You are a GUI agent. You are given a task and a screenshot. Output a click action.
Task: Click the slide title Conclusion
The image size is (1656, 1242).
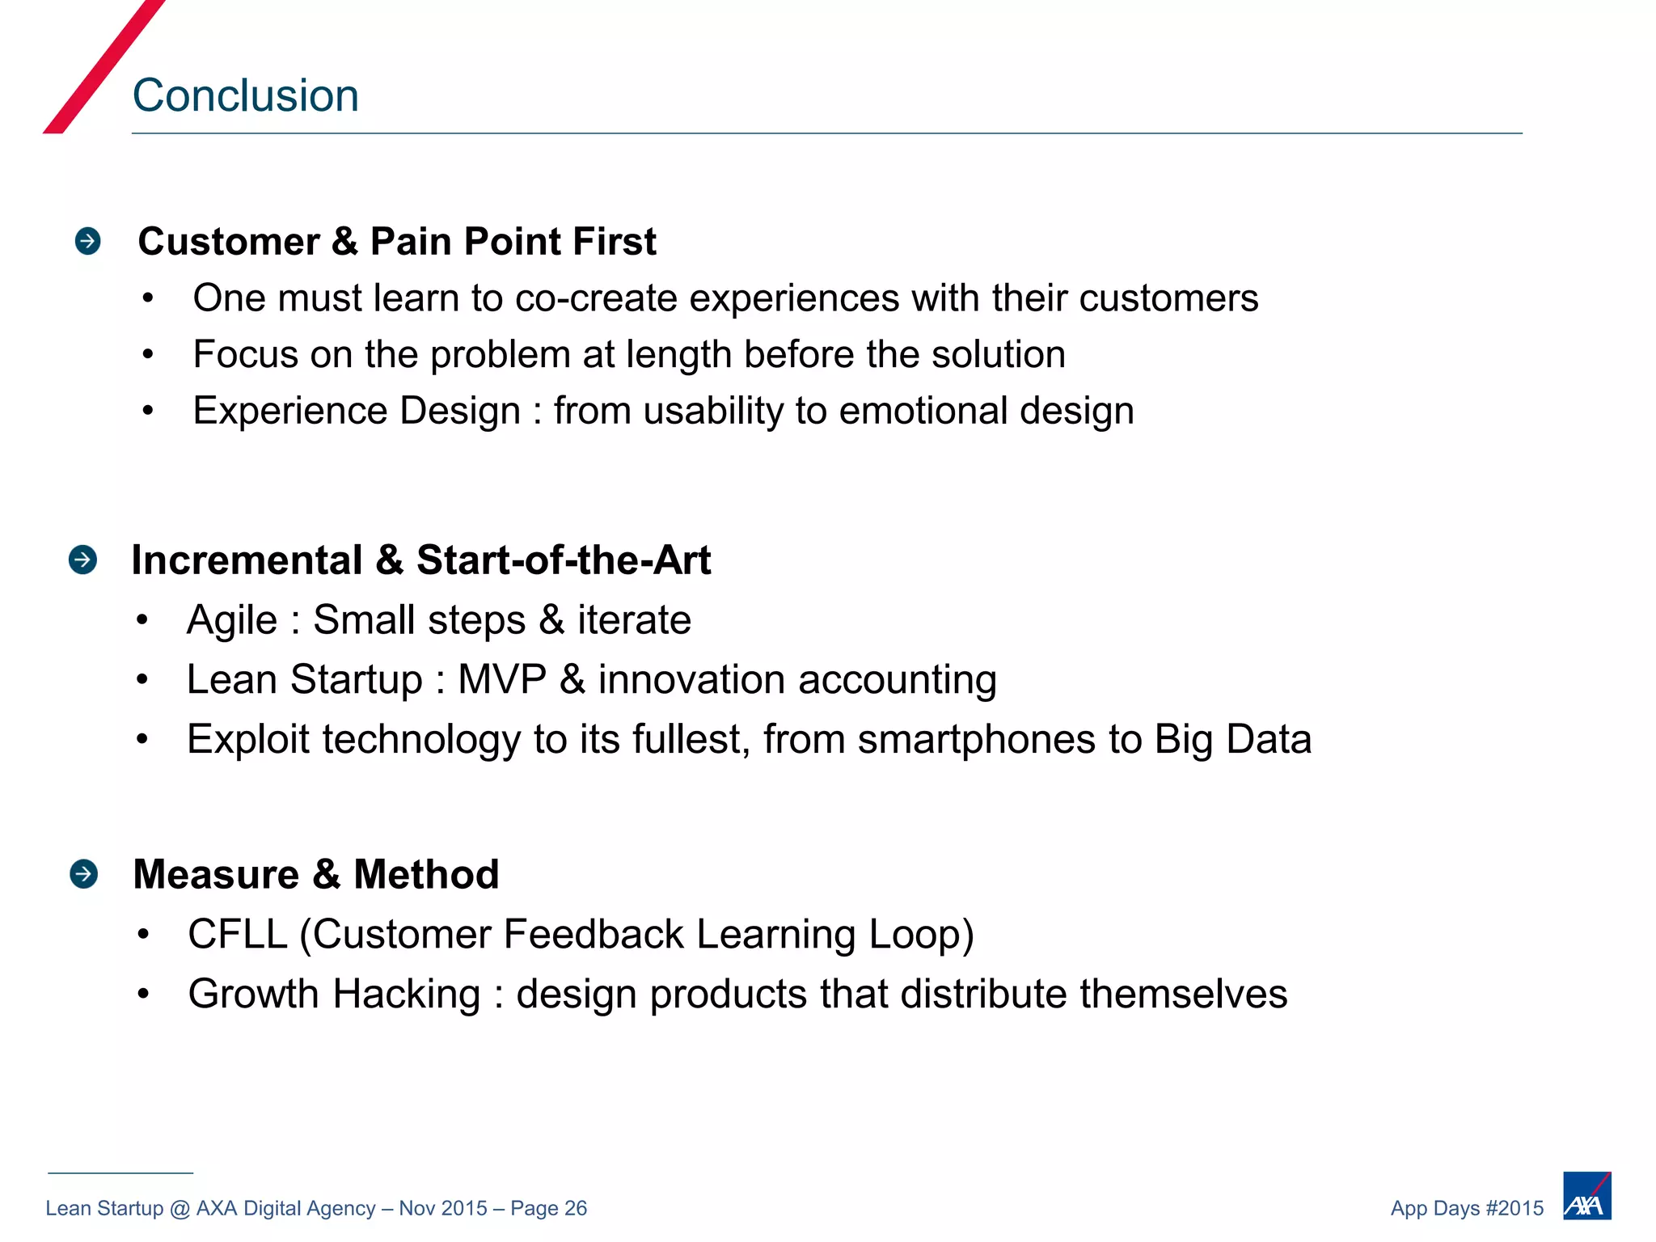(x=245, y=95)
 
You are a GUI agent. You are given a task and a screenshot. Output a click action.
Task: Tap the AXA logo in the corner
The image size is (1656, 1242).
(x=1586, y=1196)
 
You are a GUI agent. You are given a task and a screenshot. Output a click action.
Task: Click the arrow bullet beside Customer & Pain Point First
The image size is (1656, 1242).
(x=87, y=241)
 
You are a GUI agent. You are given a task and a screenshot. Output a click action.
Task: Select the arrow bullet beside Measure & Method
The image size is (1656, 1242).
(x=84, y=874)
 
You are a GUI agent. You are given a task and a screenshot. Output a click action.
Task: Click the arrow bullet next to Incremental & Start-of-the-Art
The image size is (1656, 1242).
(x=83, y=560)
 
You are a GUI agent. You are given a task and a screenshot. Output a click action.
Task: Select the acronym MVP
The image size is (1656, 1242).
(x=501, y=679)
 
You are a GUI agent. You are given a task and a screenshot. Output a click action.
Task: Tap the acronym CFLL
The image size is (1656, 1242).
(x=238, y=935)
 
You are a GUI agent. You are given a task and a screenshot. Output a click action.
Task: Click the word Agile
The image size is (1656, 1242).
(x=231, y=620)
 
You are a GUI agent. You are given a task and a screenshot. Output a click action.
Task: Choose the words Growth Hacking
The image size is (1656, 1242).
(x=334, y=994)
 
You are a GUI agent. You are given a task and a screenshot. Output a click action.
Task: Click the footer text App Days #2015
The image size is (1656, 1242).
(x=1467, y=1208)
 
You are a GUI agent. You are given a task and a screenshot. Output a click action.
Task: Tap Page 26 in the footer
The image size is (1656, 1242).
(x=548, y=1208)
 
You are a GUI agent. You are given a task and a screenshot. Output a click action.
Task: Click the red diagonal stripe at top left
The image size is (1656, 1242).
(x=103, y=66)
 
